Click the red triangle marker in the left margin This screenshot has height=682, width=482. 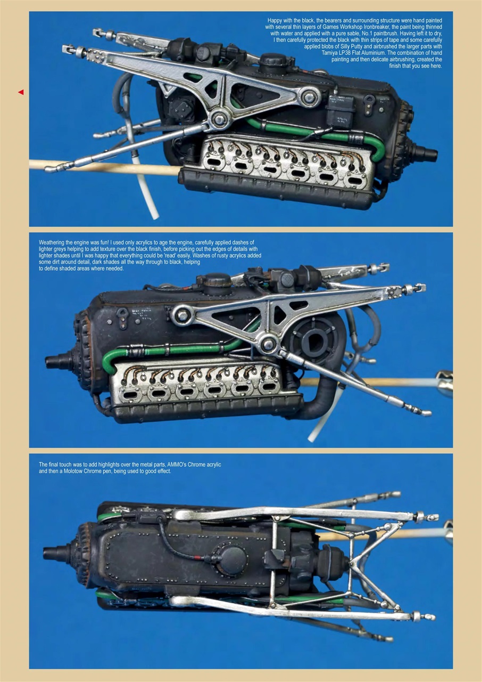click(x=21, y=92)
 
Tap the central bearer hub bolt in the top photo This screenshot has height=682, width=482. click(x=218, y=118)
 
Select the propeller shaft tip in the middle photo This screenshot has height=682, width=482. click(x=52, y=362)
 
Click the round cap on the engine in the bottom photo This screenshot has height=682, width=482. click(x=232, y=560)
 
